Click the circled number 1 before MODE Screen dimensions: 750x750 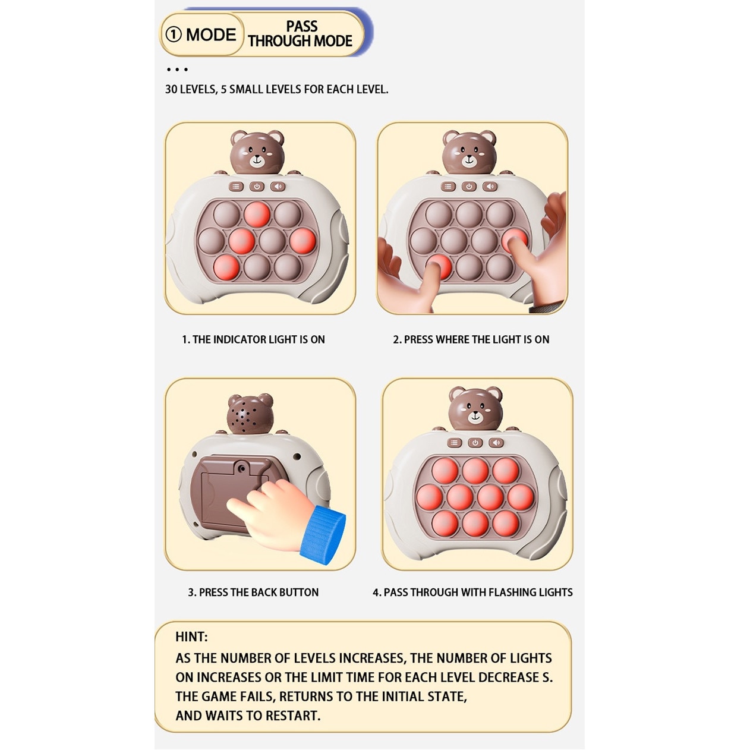(x=173, y=34)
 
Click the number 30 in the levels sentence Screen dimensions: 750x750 (x=171, y=89)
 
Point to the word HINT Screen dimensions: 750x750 (x=191, y=636)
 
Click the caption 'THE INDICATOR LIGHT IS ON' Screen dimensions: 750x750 (x=259, y=339)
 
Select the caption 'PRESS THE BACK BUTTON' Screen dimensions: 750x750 (x=259, y=593)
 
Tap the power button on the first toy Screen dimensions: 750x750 (x=257, y=187)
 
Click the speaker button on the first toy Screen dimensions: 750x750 (x=278, y=187)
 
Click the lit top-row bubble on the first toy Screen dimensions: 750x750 (x=257, y=215)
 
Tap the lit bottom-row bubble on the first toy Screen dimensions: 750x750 (x=226, y=267)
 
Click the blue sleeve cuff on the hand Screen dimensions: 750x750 (x=323, y=535)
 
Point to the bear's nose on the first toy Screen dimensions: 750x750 (x=257, y=158)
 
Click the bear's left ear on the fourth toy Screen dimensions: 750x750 (x=458, y=394)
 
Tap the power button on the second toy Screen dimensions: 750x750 (x=469, y=187)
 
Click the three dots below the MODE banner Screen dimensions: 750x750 (x=177, y=70)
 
